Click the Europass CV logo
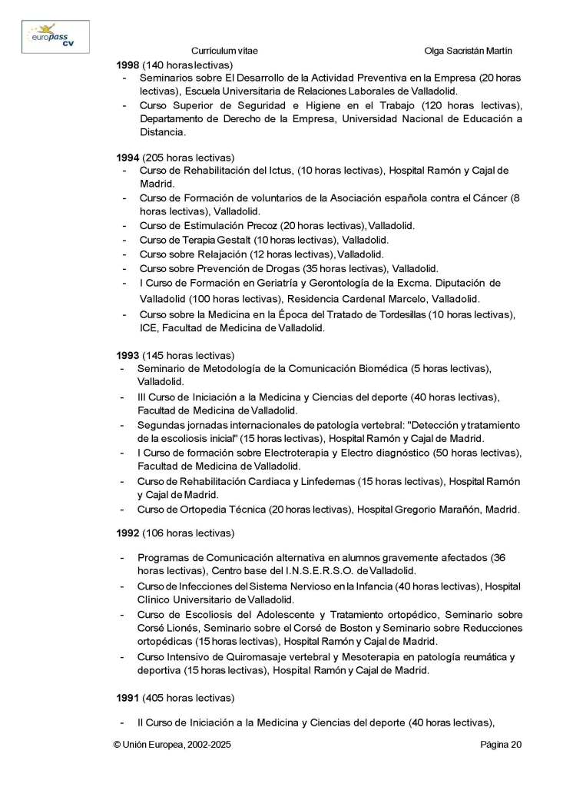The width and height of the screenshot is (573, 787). tap(55, 36)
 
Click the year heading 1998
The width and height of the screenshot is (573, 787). tap(128, 65)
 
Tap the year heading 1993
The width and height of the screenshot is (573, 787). tap(128, 355)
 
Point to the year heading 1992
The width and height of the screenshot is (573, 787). tap(128, 532)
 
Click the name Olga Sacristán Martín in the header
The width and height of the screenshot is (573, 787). tap(468, 51)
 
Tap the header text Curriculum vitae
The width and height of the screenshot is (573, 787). tap(224, 51)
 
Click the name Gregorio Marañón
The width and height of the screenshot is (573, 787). tap(431, 509)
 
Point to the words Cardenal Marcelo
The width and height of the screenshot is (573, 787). tap(385, 298)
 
